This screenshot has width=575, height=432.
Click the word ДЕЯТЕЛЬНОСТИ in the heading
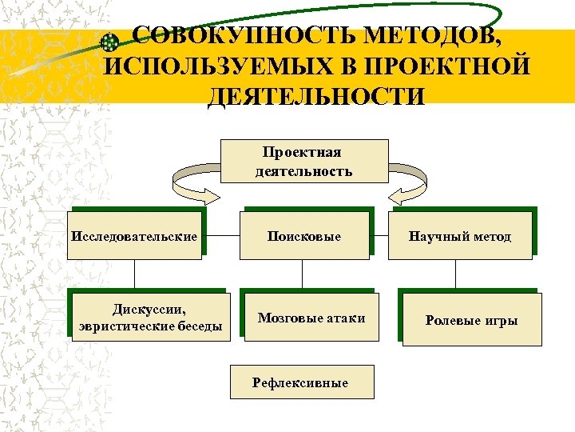click(x=315, y=96)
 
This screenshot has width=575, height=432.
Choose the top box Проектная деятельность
click(x=303, y=162)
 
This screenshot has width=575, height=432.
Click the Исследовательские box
click(x=134, y=236)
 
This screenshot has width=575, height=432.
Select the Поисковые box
click(x=304, y=236)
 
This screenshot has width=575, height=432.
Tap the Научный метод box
click(x=460, y=236)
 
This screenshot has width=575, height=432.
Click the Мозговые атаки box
click(x=311, y=318)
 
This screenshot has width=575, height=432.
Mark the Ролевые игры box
click(x=471, y=320)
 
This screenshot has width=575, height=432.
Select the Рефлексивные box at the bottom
click(x=300, y=382)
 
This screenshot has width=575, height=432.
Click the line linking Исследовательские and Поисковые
click(x=220, y=236)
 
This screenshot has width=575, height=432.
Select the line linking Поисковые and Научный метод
click(x=379, y=236)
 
